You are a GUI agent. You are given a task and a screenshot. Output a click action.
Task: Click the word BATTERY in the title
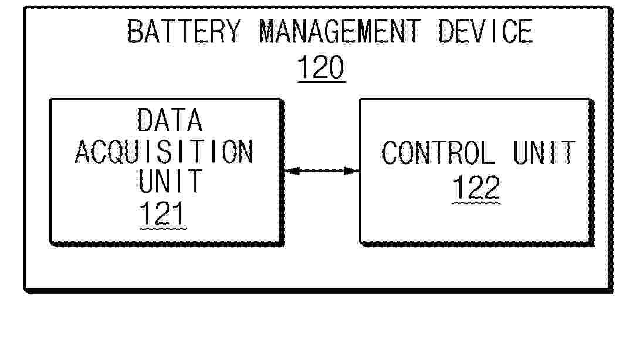[x=184, y=32]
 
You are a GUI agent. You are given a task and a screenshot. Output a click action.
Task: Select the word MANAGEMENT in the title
[x=340, y=32]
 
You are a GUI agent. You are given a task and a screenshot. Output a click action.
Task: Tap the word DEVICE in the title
[x=486, y=32]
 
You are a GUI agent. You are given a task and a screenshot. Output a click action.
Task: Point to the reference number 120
[x=321, y=67]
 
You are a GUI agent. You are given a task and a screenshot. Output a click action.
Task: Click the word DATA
[x=170, y=120]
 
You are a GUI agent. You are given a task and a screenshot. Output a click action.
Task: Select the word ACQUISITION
[x=164, y=152]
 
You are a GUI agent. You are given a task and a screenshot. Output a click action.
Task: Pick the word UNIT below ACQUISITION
[x=170, y=181]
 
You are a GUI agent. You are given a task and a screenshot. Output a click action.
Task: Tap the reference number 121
[x=162, y=214]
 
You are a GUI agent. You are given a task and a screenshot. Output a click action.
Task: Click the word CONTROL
[x=438, y=152]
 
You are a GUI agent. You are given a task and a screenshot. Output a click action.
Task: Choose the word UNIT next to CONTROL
[x=544, y=152]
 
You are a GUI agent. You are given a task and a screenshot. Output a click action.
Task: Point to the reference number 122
[x=476, y=188]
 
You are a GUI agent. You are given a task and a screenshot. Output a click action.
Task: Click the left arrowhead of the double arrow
[x=292, y=171]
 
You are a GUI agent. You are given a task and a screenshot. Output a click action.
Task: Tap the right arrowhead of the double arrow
[x=351, y=171]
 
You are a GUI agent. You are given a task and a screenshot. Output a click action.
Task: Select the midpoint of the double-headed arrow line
[x=322, y=171]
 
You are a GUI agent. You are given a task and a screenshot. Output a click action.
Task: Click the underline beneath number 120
[x=321, y=82]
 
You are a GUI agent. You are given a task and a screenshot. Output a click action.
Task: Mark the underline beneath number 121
[x=163, y=229]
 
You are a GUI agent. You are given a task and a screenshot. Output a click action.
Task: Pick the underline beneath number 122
[x=476, y=202]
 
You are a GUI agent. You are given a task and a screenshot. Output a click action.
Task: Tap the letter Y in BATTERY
[x=232, y=32]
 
